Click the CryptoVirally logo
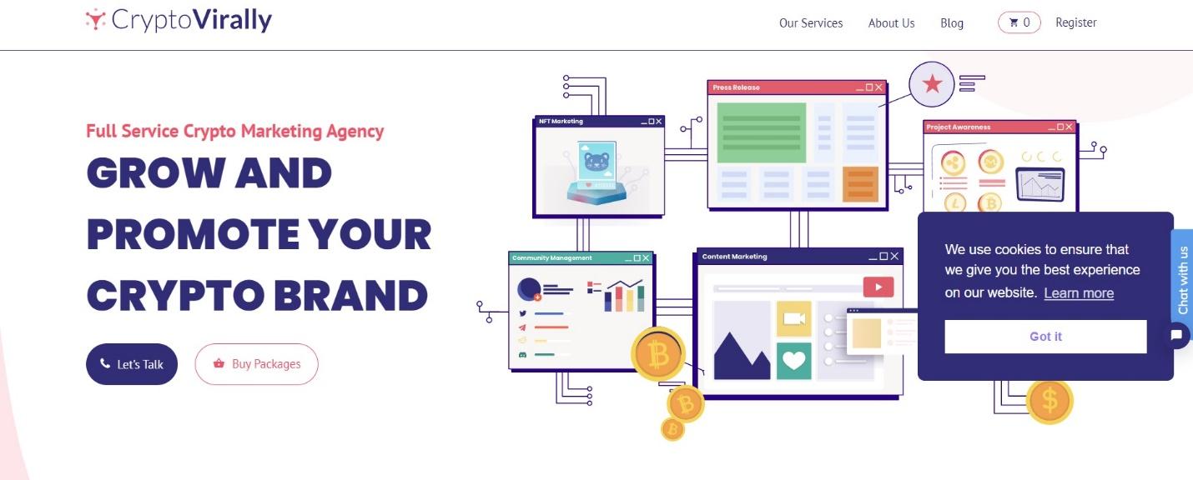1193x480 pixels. (179, 20)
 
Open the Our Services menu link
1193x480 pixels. (811, 22)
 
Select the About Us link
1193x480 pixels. (891, 22)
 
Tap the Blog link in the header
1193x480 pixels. (952, 22)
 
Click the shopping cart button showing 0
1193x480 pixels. (1019, 22)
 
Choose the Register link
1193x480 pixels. (1076, 22)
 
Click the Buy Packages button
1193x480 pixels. (256, 364)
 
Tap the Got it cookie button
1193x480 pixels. (1045, 337)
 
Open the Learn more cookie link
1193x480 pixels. (1079, 293)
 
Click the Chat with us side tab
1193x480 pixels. (1182, 279)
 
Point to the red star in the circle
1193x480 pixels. (932, 84)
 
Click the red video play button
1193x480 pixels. (878, 287)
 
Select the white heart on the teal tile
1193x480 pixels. (793, 361)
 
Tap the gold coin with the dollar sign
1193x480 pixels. (1050, 401)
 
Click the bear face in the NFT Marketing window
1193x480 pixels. (596, 161)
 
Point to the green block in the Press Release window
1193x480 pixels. (761, 132)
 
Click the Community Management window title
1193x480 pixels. (551, 258)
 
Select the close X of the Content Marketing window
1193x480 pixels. (894, 257)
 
